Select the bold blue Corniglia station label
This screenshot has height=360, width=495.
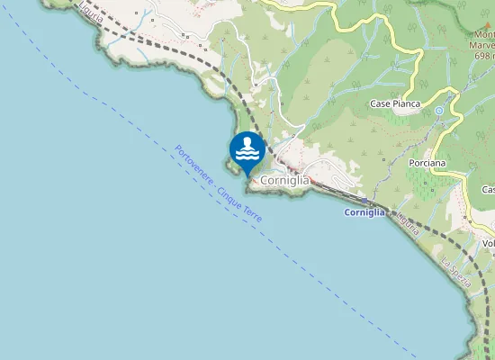tap(364, 212)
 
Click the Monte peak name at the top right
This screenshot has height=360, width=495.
tap(483, 36)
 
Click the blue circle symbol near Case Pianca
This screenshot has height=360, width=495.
tap(439, 111)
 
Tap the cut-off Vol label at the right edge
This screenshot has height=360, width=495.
tap(489, 243)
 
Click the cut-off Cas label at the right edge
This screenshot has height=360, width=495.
tap(488, 190)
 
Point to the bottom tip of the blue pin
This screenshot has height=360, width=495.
tap(247, 174)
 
